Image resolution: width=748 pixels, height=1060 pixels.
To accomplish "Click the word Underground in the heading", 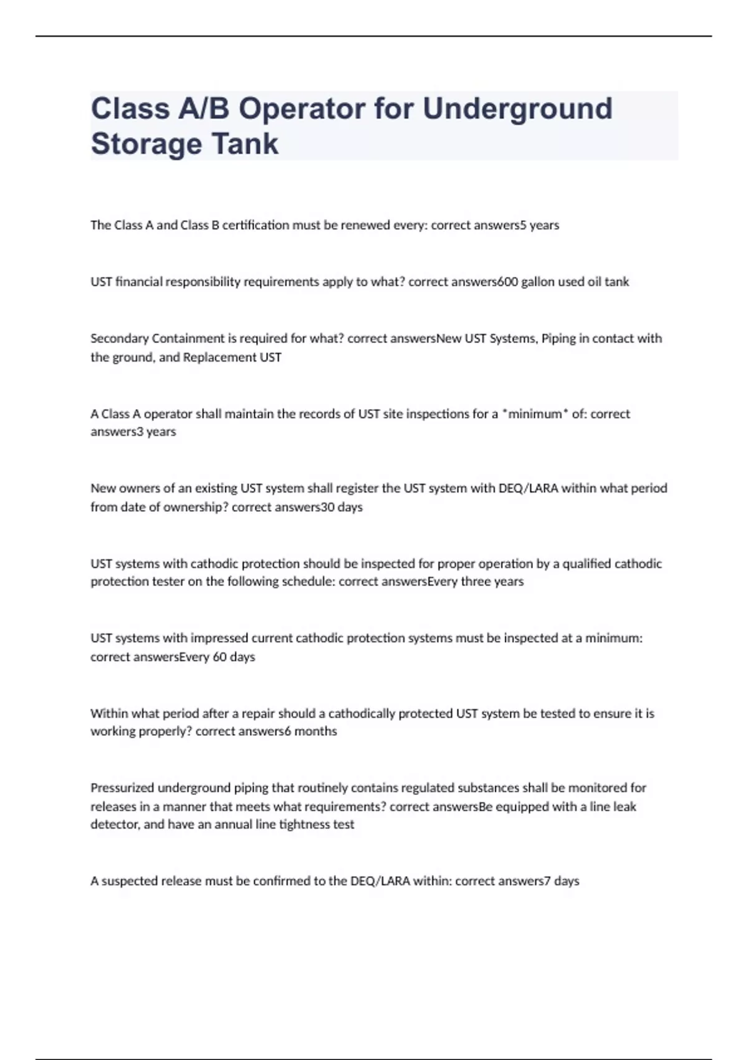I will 517,109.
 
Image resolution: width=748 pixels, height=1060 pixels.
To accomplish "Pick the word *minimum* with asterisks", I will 535,414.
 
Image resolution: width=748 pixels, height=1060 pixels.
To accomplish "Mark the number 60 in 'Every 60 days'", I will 219,657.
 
